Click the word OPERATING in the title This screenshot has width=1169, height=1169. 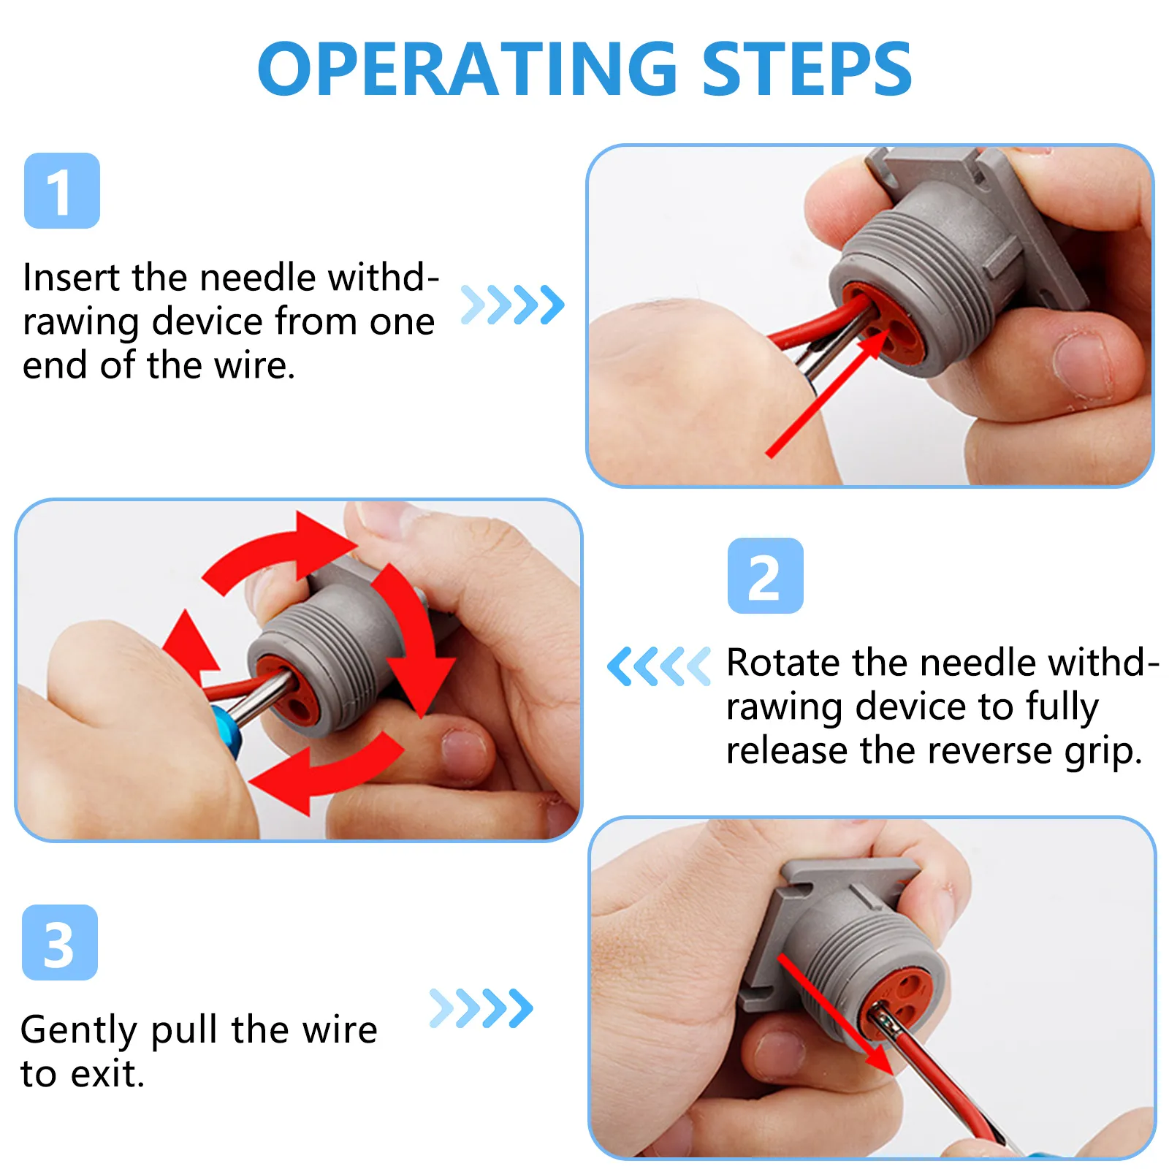click(468, 69)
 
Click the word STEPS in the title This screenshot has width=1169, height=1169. click(807, 69)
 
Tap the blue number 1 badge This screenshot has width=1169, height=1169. click(62, 191)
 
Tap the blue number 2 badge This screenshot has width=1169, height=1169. click(765, 576)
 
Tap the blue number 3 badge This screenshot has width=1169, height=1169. click(60, 943)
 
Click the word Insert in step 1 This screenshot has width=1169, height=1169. click(71, 278)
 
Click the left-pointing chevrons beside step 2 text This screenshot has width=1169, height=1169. click(658, 666)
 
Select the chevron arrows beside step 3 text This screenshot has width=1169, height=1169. click(481, 1008)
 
